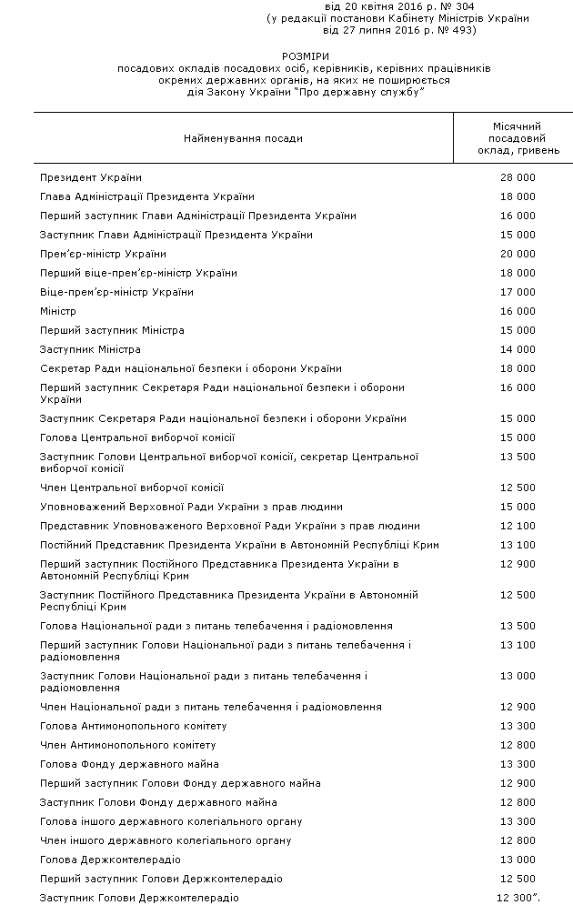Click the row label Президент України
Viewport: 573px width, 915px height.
(x=91, y=177)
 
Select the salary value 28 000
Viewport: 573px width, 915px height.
(x=518, y=177)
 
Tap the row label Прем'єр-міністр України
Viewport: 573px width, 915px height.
(x=103, y=254)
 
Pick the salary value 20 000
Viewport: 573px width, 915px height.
(x=518, y=254)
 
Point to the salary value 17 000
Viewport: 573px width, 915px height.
(x=518, y=292)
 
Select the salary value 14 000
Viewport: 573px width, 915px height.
(x=518, y=349)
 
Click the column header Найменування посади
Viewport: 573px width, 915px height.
(x=243, y=138)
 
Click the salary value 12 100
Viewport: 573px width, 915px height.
(x=518, y=526)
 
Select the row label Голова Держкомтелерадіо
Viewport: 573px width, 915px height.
(x=110, y=860)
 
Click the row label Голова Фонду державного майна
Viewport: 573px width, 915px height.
(x=129, y=764)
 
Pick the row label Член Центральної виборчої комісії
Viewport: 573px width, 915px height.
(x=132, y=488)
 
